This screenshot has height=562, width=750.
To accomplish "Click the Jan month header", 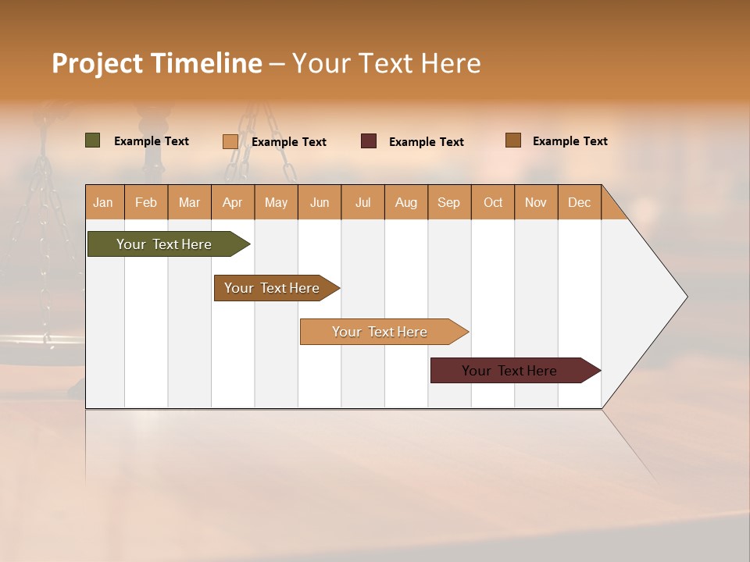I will [x=103, y=202].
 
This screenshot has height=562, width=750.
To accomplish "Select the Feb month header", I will [x=146, y=202].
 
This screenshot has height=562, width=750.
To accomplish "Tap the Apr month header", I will [x=232, y=202].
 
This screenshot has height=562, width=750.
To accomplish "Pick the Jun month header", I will [x=320, y=202].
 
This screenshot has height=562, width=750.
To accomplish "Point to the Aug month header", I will [x=405, y=202].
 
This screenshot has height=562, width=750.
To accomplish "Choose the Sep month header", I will [x=448, y=202].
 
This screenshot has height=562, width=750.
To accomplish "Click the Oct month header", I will [x=493, y=202].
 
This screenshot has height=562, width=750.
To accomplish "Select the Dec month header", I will [x=579, y=202].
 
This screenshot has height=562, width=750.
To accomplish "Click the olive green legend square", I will [x=92, y=140].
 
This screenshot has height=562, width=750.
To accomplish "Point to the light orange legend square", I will [x=230, y=141].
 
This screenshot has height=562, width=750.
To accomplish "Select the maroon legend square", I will [x=369, y=141].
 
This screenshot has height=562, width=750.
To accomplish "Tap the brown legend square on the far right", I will [x=512, y=140].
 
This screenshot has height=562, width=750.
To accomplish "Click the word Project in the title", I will [x=97, y=63].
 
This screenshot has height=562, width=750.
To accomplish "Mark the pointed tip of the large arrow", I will [x=685, y=297].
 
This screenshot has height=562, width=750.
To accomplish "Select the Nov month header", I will [x=535, y=202].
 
